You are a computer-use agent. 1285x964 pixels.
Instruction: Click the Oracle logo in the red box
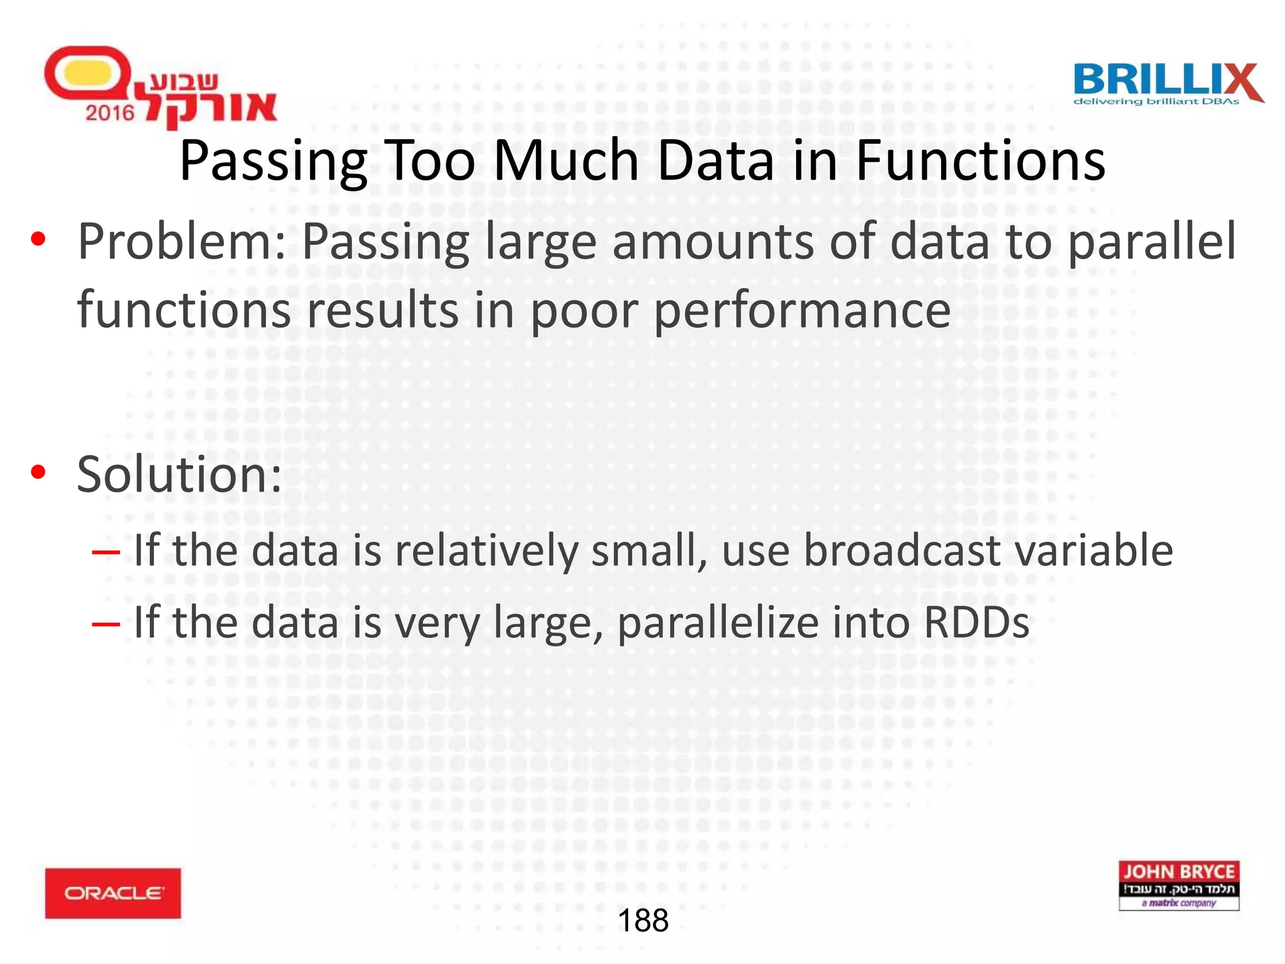click(x=113, y=892)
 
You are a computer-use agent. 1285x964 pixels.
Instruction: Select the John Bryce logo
click(x=1178, y=885)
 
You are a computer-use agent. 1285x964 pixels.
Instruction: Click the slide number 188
click(x=642, y=921)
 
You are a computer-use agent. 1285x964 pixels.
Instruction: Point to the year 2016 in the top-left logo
click(x=110, y=113)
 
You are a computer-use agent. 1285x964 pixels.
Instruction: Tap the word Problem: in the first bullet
click(x=182, y=242)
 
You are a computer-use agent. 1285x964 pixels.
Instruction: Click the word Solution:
click(x=179, y=474)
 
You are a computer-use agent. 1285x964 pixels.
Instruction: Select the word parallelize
click(x=719, y=624)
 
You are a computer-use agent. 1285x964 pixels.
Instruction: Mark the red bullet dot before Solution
click(x=38, y=472)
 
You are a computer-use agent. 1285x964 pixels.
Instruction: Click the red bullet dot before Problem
click(x=38, y=239)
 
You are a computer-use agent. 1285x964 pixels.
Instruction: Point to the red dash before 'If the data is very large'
click(x=105, y=624)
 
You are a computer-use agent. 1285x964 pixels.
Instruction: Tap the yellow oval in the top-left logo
click(x=88, y=74)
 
